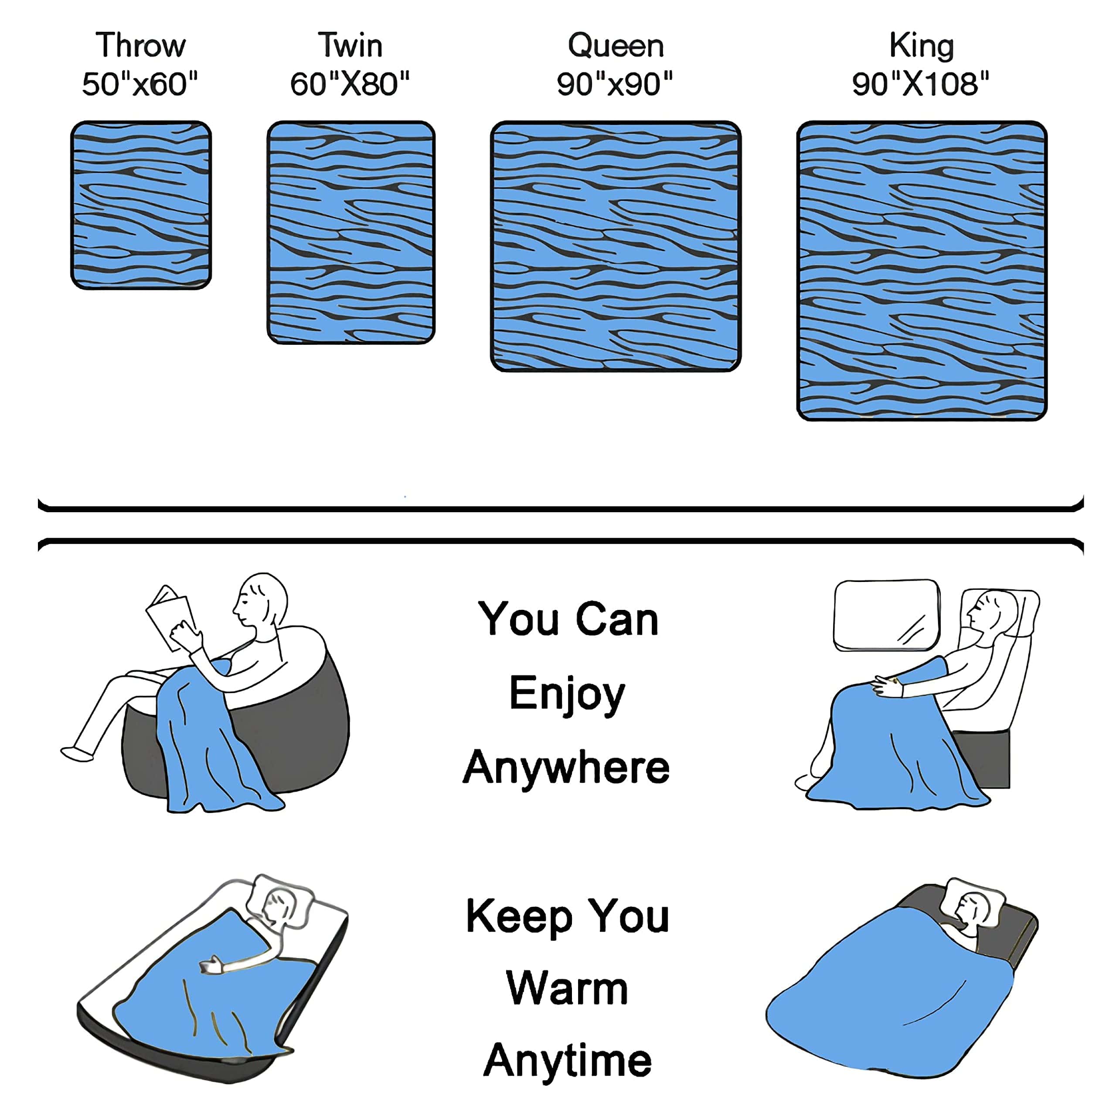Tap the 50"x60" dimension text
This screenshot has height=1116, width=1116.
tap(140, 84)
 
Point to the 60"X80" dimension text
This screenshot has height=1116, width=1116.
tap(350, 84)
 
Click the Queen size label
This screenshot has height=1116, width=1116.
tap(616, 46)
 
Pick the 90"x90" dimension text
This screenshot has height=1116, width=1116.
tap(615, 84)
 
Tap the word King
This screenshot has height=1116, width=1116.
tap(921, 46)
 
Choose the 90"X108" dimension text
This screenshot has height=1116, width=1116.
tap(921, 84)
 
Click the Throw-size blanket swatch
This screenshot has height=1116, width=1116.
tap(141, 205)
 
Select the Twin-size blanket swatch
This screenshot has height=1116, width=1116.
tap(350, 232)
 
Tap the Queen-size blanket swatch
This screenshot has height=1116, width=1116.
tap(616, 246)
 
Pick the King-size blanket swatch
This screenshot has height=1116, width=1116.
tap(922, 270)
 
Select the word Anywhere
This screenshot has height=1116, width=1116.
tap(566, 768)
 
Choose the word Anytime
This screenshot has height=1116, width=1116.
tap(568, 1061)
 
